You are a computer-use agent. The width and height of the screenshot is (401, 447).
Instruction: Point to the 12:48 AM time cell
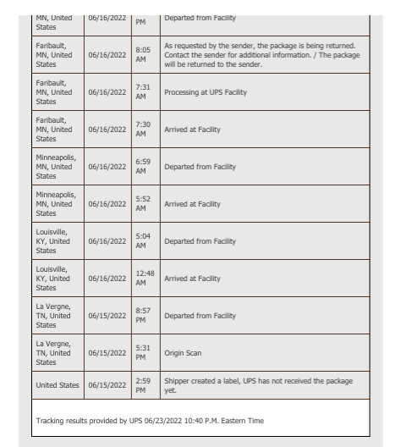(x=145, y=278)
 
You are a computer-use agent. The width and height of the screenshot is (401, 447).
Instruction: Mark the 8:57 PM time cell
(x=144, y=315)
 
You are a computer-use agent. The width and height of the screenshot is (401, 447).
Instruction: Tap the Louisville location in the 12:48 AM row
(x=57, y=278)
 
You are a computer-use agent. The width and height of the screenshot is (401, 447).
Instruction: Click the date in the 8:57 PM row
(x=107, y=315)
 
